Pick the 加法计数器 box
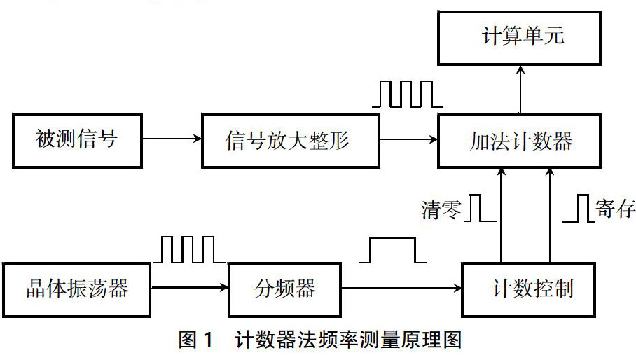520,141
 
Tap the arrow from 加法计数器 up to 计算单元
520,90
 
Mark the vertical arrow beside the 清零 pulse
502,214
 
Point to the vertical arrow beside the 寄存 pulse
549,214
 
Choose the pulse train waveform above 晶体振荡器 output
188,249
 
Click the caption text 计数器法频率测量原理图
350,342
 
